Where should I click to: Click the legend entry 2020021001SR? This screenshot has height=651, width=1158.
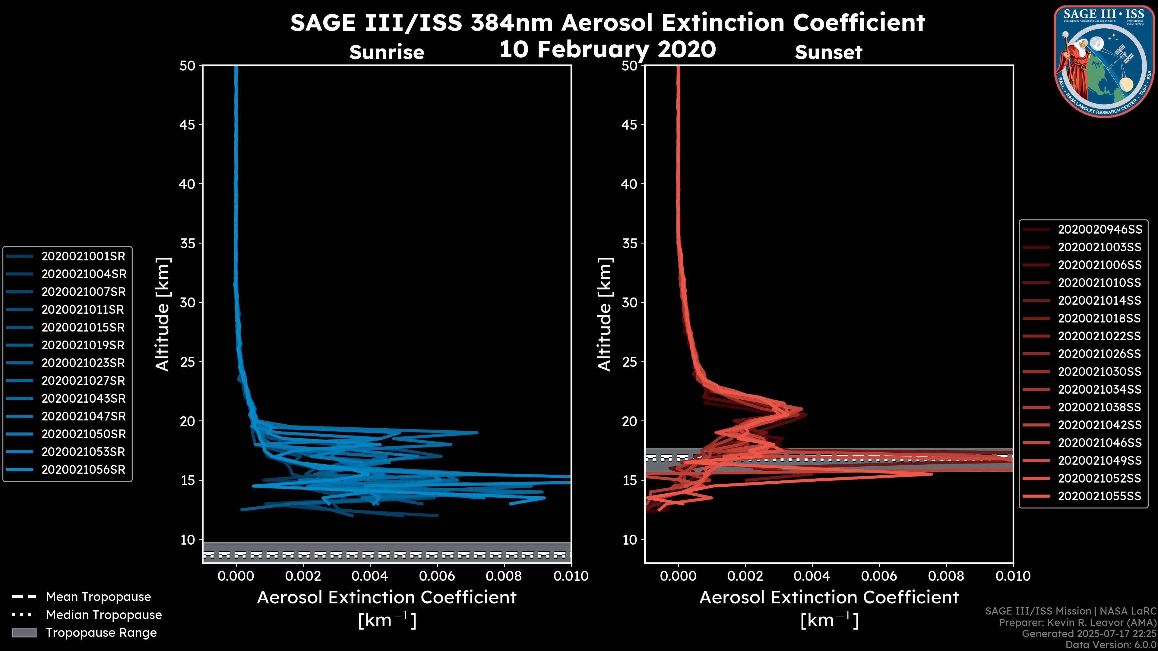84,256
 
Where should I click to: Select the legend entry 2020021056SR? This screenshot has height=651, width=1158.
84,470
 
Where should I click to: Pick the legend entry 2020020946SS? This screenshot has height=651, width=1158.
1099,230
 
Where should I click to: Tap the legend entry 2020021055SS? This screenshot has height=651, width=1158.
1099,496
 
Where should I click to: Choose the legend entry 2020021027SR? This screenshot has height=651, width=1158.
83,381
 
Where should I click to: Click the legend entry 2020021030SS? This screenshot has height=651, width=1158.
1099,372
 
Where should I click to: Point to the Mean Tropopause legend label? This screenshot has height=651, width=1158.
98,597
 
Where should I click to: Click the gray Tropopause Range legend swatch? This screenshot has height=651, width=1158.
24,633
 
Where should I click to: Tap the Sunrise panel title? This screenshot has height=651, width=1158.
387,52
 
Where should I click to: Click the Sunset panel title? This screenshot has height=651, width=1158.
828,52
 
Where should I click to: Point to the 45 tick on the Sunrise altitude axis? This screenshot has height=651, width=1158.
188,124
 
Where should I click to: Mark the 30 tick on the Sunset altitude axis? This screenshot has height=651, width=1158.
630,302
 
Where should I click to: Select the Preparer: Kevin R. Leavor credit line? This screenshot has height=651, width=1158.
1077,622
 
